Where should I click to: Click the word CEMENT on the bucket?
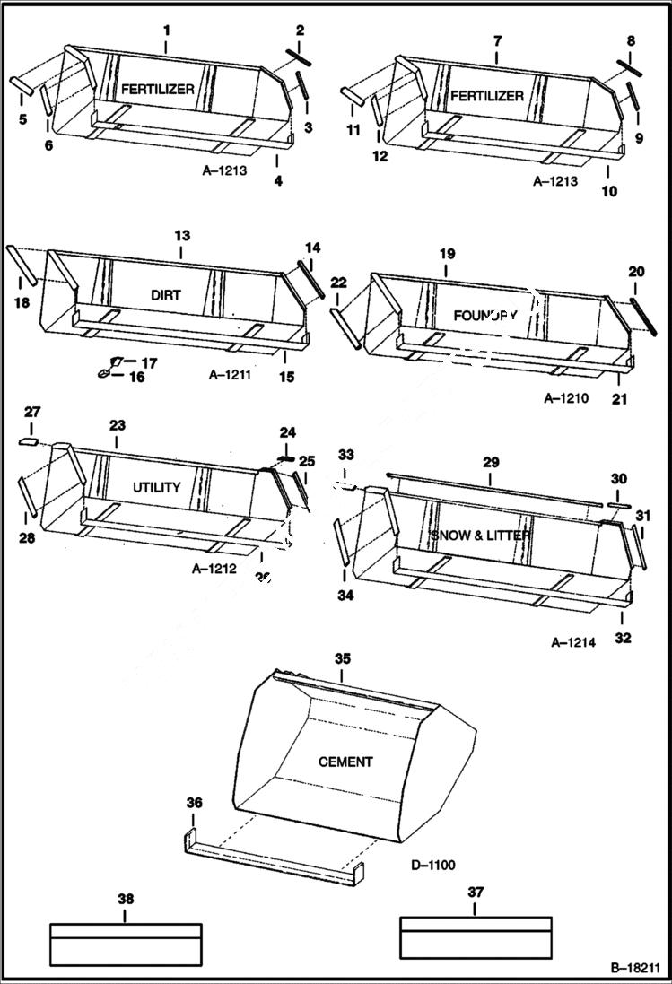click(345, 762)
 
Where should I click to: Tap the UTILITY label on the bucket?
click(157, 488)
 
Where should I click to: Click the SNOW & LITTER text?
click(480, 536)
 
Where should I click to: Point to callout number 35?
click(342, 658)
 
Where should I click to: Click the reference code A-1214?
click(573, 642)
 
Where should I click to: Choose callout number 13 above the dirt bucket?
click(182, 235)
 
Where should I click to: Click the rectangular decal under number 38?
click(125, 944)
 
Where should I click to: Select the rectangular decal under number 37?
click(475, 937)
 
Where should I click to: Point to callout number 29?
click(490, 464)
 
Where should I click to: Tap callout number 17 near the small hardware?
click(150, 362)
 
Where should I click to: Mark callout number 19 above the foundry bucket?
click(447, 255)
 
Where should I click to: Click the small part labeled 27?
click(30, 441)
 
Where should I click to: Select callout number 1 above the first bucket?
click(166, 30)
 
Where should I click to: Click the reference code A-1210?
click(566, 398)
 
